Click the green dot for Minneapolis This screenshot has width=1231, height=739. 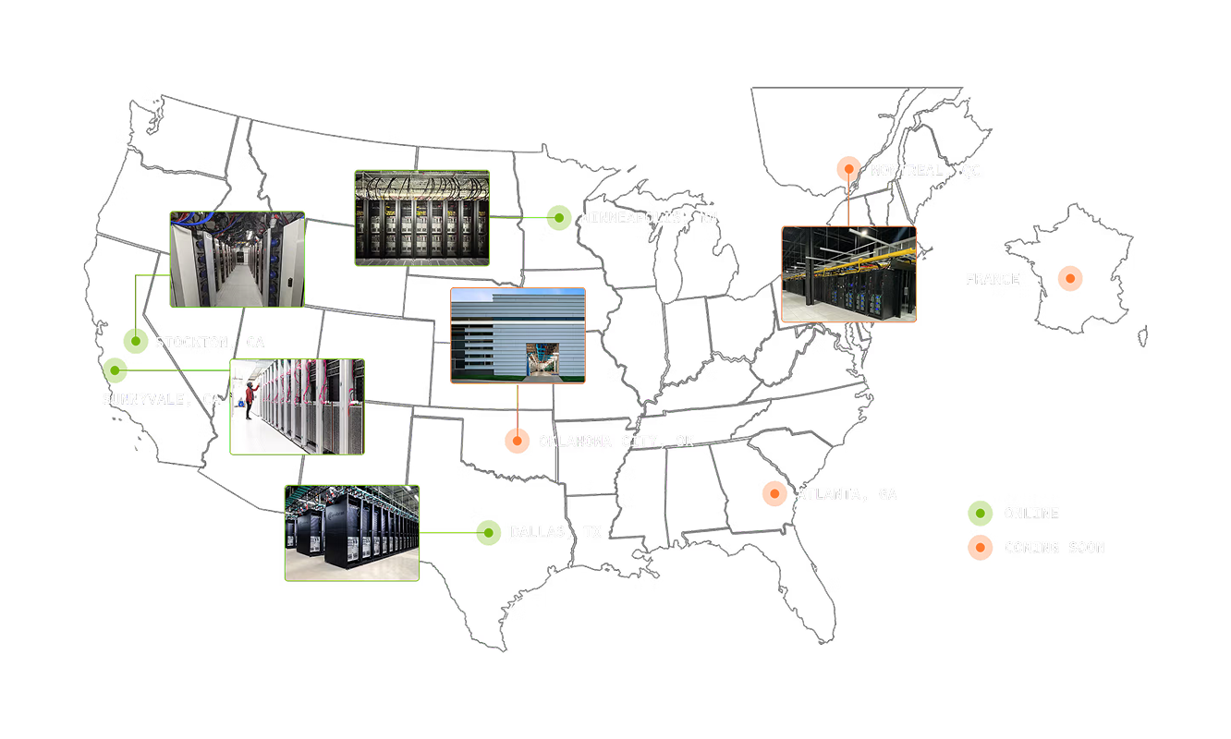558,218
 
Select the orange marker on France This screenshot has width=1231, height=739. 1069,279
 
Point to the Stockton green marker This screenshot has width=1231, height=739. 135,342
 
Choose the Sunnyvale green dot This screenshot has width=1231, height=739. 115,371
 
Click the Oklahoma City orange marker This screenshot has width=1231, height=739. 518,442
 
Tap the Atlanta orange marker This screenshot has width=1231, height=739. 774,494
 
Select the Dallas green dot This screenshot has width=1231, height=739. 489,533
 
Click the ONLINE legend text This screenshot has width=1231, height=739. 1031,514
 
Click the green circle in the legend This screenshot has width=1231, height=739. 980,514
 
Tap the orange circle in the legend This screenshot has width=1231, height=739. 980,548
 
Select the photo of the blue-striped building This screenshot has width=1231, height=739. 518,335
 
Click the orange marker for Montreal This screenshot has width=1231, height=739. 847,169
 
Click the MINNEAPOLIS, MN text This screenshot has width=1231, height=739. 649,219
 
